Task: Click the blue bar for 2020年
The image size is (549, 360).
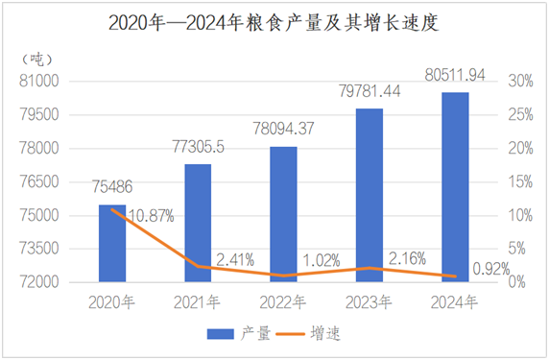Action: click(x=112, y=244)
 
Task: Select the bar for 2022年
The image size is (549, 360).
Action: click(x=283, y=214)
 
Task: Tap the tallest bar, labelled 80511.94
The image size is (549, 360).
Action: click(x=455, y=187)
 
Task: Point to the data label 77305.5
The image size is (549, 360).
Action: click(x=198, y=147)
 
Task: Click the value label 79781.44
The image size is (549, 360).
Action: click(x=370, y=91)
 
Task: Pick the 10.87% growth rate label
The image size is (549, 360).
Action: click(x=152, y=216)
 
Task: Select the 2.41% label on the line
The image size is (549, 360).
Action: click(x=235, y=260)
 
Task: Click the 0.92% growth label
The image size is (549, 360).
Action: click(x=491, y=269)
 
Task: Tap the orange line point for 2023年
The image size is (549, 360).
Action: click(x=370, y=268)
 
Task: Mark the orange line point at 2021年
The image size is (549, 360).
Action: click(x=198, y=267)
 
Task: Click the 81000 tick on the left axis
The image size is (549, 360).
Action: click(x=38, y=81)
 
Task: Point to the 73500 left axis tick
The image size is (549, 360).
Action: click(x=38, y=249)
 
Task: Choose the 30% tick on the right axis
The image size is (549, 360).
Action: click(x=520, y=81)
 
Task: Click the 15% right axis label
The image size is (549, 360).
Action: click(x=520, y=181)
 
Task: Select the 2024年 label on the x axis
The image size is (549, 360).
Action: click(x=454, y=302)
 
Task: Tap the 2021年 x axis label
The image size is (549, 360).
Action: click(x=197, y=302)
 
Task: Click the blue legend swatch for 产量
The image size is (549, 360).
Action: click(x=220, y=334)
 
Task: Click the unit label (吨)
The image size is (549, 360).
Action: click(x=37, y=60)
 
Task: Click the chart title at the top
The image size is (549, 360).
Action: click(x=274, y=22)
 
